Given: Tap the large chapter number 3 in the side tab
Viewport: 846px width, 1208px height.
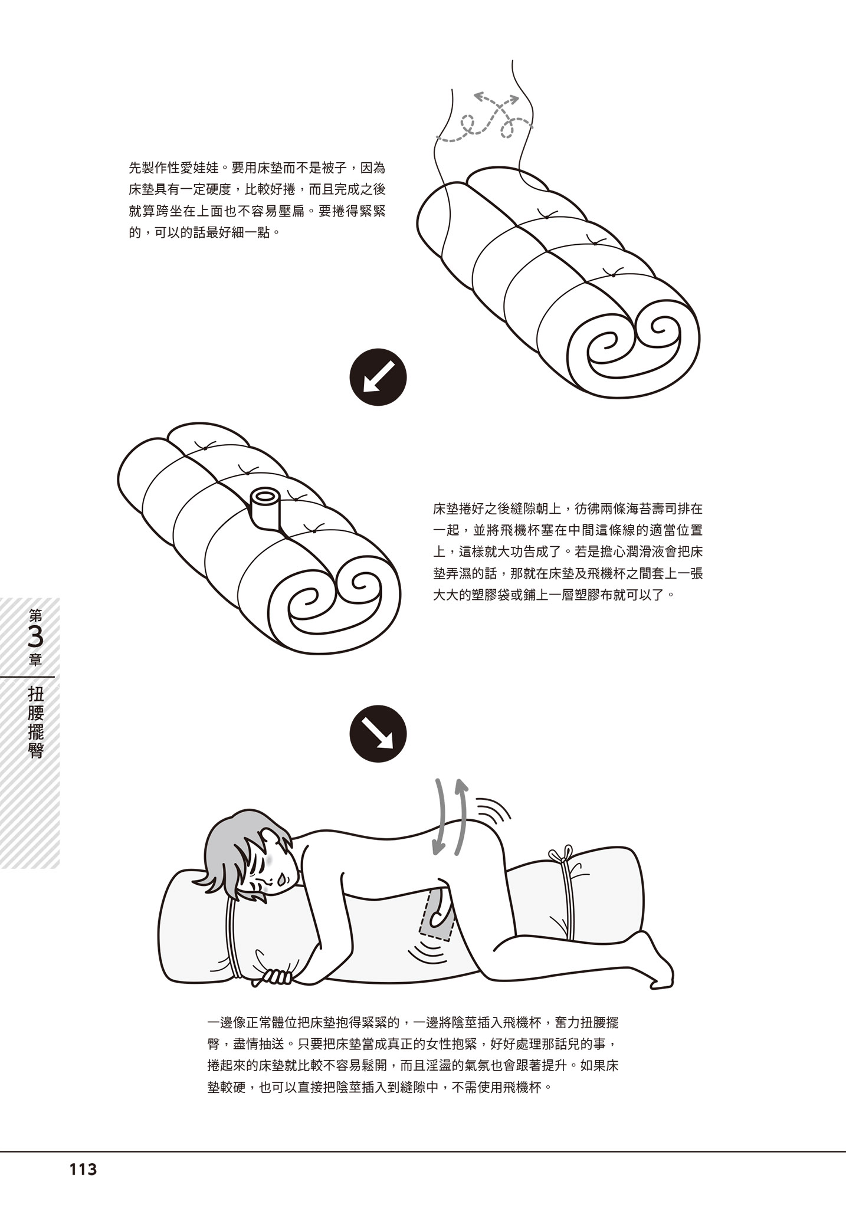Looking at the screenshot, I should (x=35, y=638).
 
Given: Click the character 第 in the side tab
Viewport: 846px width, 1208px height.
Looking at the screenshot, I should (x=35, y=616).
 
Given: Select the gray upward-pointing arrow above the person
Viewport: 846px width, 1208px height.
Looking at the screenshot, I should (x=460, y=817).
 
